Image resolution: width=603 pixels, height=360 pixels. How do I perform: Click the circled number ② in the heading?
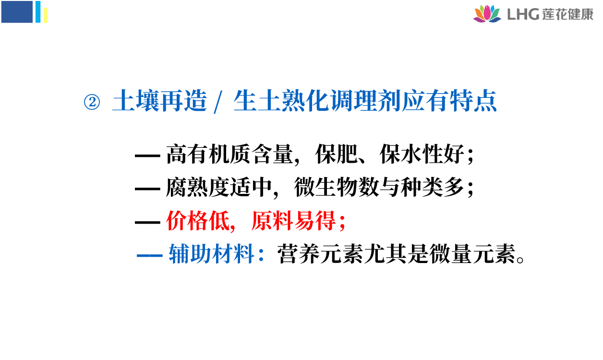pyautogui.click(x=92, y=102)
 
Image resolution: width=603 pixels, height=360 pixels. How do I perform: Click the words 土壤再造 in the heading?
pyautogui.click(x=160, y=101)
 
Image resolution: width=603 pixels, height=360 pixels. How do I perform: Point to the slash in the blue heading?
pyautogui.click(x=218, y=102)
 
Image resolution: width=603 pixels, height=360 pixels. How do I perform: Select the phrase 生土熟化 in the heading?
pyautogui.click(x=282, y=101)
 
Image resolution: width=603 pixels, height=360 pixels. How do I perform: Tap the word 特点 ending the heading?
pyautogui.click(x=473, y=101)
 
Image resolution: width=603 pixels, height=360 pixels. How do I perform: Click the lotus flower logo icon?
pyautogui.click(x=487, y=13)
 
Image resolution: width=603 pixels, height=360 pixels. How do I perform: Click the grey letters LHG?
pyautogui.click(x=523, y=14)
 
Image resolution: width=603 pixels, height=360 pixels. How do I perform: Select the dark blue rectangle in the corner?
pyautogui.click(x=17, y=12)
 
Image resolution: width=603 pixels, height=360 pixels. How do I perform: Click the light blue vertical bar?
pyautogui.click(x=38, y=12)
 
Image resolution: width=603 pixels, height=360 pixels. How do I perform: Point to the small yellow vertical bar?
pyautogui.click(x=46, y=16)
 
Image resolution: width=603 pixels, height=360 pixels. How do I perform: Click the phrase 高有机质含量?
pyautogui.click(x=229, y=154)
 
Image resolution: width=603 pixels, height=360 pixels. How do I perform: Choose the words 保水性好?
pyautogui.click(x=422, y=154)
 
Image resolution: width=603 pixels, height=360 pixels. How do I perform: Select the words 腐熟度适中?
pyautogui.click(x=219, y=188)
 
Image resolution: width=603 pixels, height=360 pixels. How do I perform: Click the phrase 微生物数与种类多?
pyautogui.click(x=379, y=188)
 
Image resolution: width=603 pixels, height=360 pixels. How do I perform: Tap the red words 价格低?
pyautogui.click(x=198, y=221)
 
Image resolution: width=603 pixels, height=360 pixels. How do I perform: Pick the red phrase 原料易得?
pyautogui.click(x=294, y=221)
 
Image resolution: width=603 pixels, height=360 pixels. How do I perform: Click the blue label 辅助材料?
pyautogui.click(x=212, y=254)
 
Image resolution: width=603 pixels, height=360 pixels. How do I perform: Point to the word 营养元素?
pyautogui.click(x=320, y=254)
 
